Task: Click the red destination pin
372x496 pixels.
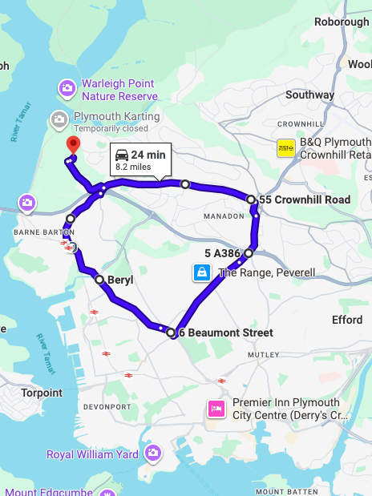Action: pos(73,144)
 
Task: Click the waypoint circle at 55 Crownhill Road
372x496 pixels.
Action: pos(251,200)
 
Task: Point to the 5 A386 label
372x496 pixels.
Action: pos(221,253)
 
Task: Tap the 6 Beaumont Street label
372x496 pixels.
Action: pos(225,333)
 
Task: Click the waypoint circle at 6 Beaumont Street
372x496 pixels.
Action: pos(171,333)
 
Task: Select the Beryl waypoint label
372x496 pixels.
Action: pos(120,280)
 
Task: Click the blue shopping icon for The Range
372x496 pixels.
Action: pos(200,273)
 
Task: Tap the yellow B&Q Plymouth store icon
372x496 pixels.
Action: pos(285,148)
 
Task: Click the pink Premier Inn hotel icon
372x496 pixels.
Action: pos(216,409)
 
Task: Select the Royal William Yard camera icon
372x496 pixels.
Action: pos(152,454)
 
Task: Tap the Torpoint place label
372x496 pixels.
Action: pos(42,393)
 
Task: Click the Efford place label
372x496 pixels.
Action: pos(347,320)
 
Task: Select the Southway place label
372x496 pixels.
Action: pos(309,95)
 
